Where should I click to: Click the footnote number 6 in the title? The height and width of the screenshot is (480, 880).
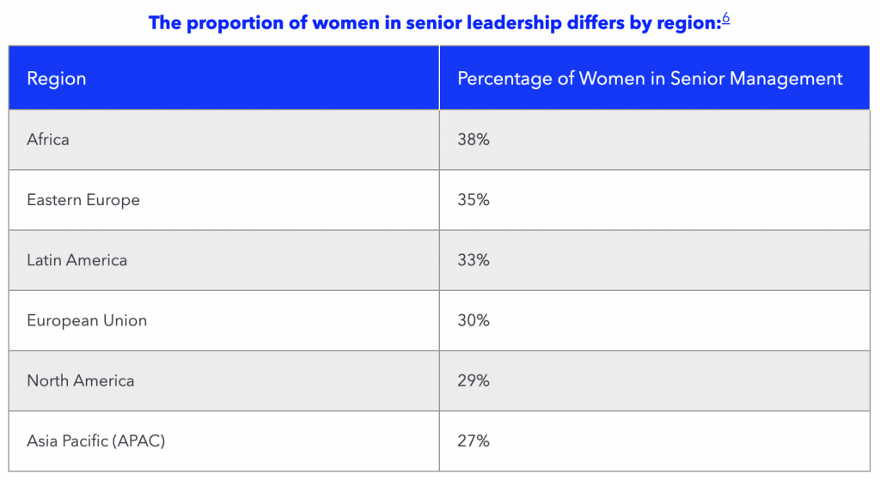click(x=726, y=18)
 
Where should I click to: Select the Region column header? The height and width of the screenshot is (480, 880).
click(x=57, y=79)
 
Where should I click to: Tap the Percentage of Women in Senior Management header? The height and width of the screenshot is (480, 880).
click(x=650, y=79)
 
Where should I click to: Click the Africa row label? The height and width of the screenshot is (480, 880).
click(x=48, y=139)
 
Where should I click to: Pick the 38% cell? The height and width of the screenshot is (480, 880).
click(x=474, y=139)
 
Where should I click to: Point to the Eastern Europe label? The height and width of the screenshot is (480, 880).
click(x=83, y=199)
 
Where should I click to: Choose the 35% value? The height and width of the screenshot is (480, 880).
click(x=474, y=199)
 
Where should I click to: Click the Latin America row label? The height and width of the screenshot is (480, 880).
click(x=77, y=259)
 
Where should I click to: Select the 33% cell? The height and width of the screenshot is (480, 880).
click(x=474, y=259)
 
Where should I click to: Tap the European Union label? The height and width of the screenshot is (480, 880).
click(x=87, y=320)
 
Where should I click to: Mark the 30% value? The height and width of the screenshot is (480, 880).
click(x=474, y=320)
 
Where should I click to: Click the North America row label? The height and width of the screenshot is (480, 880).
click(x=81, y=380)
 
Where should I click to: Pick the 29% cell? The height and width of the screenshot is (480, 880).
click(x=474, y=380)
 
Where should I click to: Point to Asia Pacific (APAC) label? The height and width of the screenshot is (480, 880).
click(x=96, y=441)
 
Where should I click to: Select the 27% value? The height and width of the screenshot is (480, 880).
click(x=474, y=441)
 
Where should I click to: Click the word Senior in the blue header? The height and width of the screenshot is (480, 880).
click(x=695, y=79)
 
